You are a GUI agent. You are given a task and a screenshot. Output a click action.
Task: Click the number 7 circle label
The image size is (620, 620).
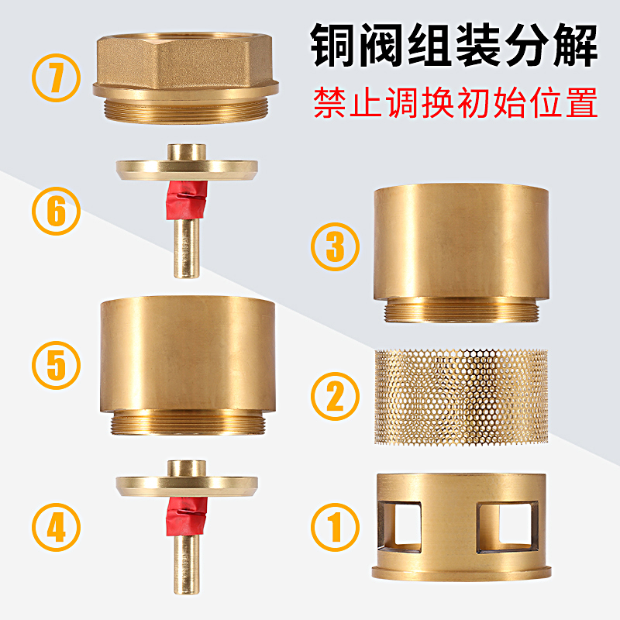point(57,78)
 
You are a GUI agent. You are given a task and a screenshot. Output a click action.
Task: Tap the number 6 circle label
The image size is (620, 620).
point(57,212)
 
